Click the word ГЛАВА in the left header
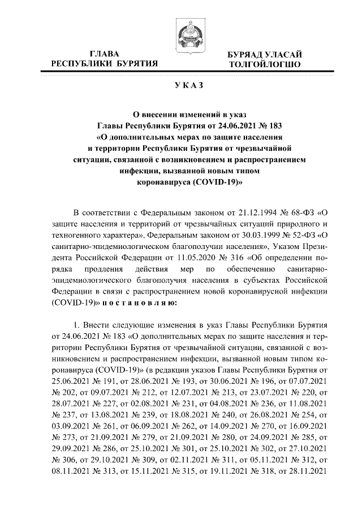coord(105,54)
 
